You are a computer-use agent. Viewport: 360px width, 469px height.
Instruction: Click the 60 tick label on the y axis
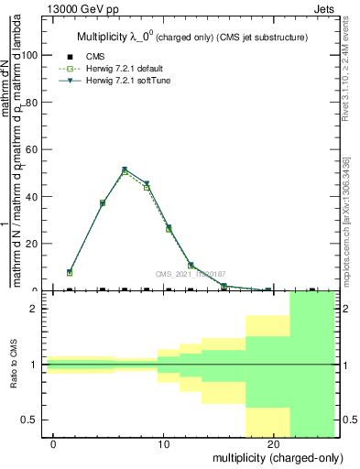[x=32, y=148]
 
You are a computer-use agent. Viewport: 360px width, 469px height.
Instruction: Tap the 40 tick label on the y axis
[x=32, y=196]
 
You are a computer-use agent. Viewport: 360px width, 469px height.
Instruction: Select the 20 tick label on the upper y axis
[x=32, y=244]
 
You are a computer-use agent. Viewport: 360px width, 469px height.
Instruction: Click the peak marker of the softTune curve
[x=125, y=169]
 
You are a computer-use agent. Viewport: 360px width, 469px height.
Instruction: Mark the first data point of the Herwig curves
[x=70, y=272]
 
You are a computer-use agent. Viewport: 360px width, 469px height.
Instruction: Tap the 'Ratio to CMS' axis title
[x=14, y=365]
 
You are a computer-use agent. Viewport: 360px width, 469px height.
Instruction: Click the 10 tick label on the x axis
[x=163, y=443]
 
